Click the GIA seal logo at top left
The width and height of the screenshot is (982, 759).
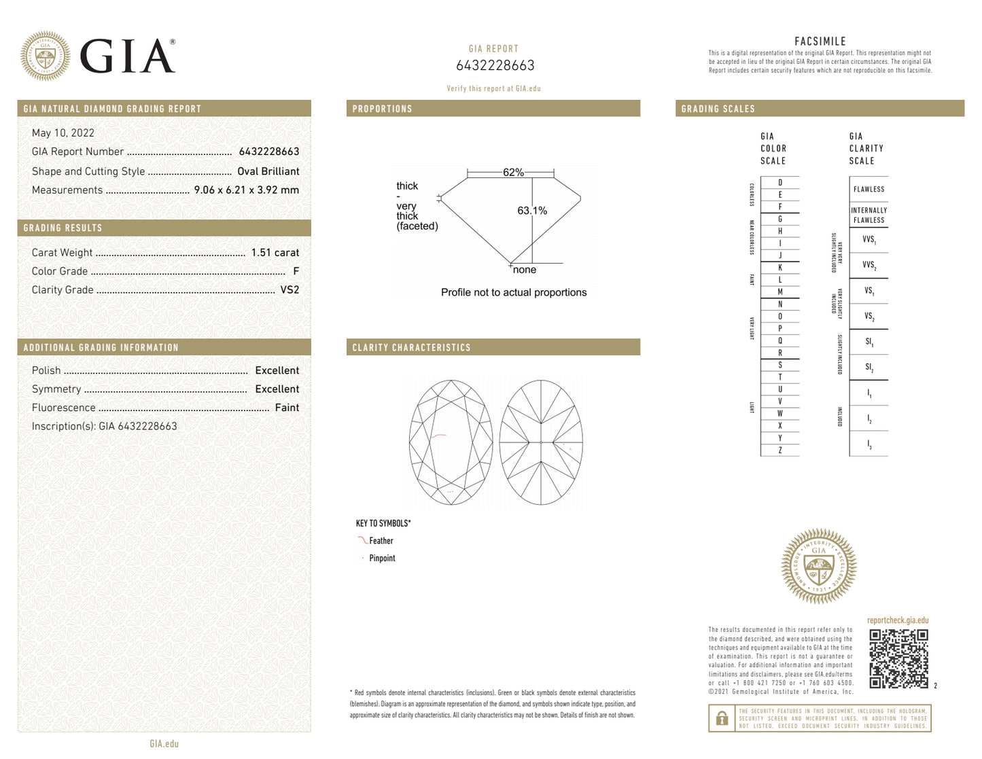click(x=45, y=56)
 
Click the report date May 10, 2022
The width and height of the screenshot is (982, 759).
click(x=63, y=133)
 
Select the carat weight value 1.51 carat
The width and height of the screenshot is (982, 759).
click(x=275, y=253)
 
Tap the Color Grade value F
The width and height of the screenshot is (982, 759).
click(x=296, y=271)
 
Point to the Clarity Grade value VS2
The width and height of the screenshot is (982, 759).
click(x=290, y=289)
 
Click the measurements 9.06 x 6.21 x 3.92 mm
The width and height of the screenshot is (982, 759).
click(x=246, y=190)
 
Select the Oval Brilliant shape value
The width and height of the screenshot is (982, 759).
click(x=268, y=171)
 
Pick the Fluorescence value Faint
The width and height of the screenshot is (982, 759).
click(x=287, y=408)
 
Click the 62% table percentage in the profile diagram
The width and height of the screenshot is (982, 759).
click(x=513, y=173)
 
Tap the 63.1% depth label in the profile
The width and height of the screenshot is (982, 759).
click(x=532, y=211)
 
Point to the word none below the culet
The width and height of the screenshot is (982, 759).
click(x=525, y=270)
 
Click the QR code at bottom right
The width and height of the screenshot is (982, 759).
click(x=898, y=658)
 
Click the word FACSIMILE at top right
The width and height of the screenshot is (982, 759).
click(x=820, y=41)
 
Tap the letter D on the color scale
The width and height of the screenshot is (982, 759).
click(x=780, y=183)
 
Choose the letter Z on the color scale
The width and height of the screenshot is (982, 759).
click(x=780, y=450)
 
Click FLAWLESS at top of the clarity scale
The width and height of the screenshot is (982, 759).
click(x=869, y=190)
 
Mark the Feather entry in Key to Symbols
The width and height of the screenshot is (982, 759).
click(x=381, y=541)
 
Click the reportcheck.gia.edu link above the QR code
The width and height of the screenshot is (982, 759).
click(x=897, y=620)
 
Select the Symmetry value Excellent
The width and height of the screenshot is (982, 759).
click(x=277, y=389)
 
